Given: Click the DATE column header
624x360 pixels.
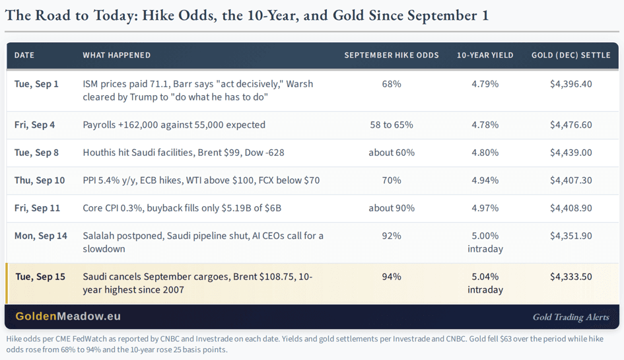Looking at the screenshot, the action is [x=24, y=55].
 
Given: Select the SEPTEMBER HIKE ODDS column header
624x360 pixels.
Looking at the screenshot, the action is [x=392, y=55].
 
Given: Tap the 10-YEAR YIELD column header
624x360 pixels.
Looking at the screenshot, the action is [x=485, y=55].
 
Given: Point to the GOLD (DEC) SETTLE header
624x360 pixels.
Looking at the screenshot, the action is [x=571, y=55].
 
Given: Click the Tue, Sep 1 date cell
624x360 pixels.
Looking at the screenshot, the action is [x=36, y=84].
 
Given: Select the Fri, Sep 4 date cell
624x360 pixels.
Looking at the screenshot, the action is [x=34, y=125].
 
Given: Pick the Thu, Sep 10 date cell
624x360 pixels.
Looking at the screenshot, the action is [x=40, y=180].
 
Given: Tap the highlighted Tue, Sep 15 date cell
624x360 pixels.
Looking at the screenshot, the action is [x=40, y=277].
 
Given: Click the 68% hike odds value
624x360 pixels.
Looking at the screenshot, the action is [x=392, y=84].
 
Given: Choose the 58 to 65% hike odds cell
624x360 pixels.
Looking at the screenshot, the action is [x=392, y=125].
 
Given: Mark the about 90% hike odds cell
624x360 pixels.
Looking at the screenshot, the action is [x=392, y=208].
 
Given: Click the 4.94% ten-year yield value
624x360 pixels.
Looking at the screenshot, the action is [x=485, y=180].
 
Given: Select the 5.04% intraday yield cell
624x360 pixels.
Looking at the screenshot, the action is [x=485, y=283].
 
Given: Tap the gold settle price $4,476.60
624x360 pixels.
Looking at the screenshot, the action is [x=571, y=125].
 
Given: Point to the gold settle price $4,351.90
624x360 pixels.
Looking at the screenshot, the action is [x=571, y=236].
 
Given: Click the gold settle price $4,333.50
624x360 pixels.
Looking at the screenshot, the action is [x=571, y=277].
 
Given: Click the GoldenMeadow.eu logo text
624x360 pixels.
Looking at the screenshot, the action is [x=68, y=316].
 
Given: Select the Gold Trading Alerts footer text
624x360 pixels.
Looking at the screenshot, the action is [x=571, y=317].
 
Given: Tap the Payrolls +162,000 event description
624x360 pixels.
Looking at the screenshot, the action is [x=174, y=125].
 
